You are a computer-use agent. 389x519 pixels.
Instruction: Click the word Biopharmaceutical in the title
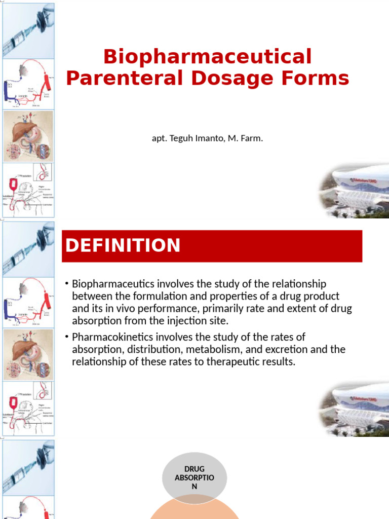pyautogui.click(x=207, y=57)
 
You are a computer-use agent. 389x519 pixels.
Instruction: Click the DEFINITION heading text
pyautogui.click(x=123, y=245)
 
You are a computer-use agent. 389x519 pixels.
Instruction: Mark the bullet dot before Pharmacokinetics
pyautogui.click(x=66, y=337)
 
